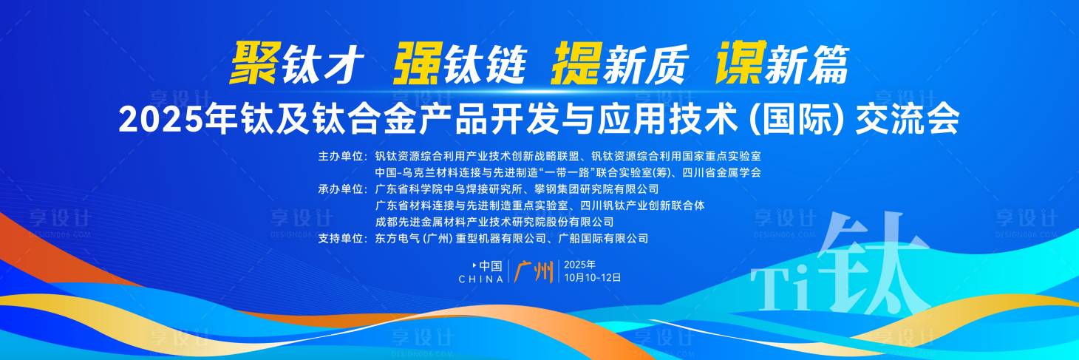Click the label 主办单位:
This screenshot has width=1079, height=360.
[x=342, y=157]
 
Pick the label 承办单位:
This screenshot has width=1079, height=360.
[x=342, y=189]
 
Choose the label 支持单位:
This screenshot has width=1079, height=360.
[x=342, y=238]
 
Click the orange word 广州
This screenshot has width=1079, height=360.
[x=534, y=272]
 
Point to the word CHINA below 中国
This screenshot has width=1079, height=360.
[x=481, y=279]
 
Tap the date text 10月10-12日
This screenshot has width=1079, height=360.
[x=592, y=278]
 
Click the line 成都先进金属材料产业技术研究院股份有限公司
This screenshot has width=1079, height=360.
[x=494, y=222]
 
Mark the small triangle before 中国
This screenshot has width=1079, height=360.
[x=474, y=265]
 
